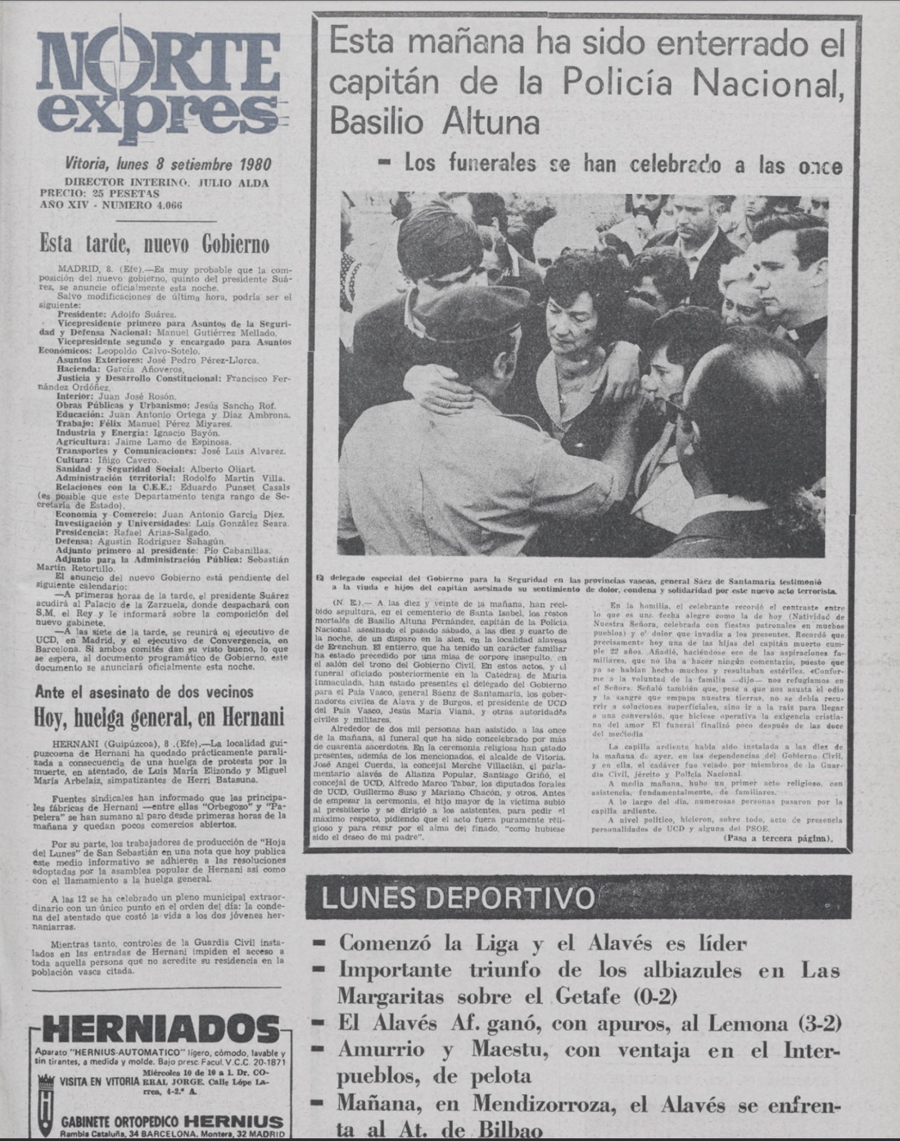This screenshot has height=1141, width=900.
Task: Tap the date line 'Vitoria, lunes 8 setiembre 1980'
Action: tap(168, 164)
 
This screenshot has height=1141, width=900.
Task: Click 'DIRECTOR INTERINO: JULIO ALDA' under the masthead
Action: tap(167, 183)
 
